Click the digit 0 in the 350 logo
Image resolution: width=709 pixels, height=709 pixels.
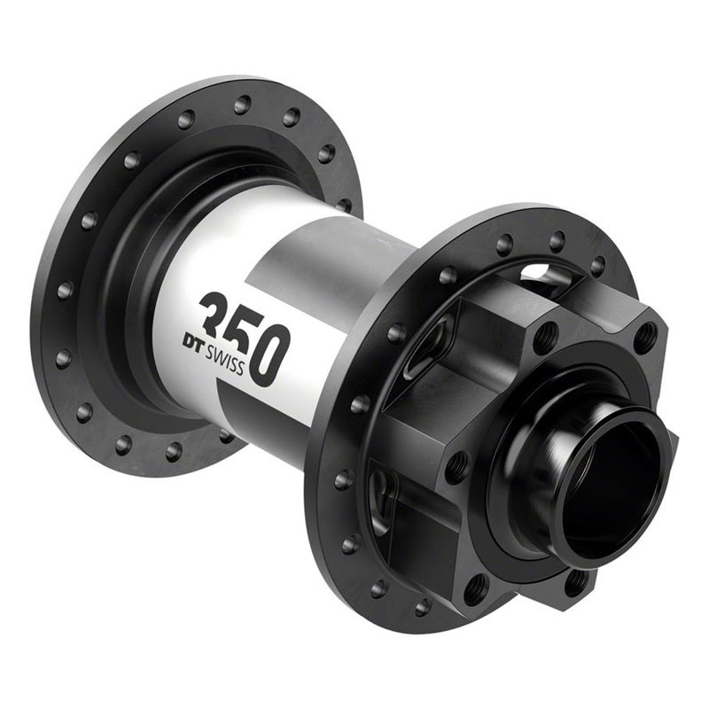click(269, 354)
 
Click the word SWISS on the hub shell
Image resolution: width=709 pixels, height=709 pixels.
click(224, 359)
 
